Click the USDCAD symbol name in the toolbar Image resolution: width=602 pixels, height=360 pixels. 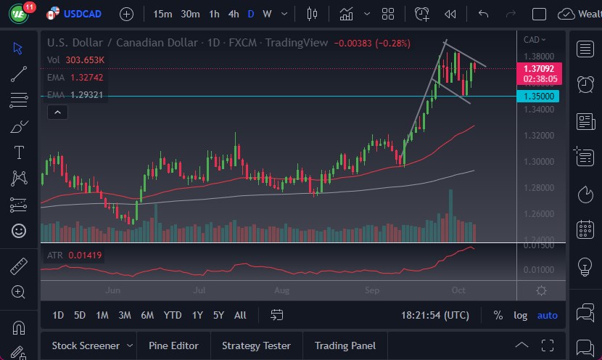pos(83,14)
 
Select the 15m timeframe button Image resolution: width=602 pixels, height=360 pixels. pos(162,14)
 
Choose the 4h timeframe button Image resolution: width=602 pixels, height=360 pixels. pos(233,14)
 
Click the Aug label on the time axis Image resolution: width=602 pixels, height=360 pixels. pos(282,290)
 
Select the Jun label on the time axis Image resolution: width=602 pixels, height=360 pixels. pos(112,290)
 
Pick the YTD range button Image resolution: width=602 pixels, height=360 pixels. pos(173,315)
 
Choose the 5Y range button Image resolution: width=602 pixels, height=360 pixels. pos(218,315)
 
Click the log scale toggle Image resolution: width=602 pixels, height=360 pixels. pos(521,315)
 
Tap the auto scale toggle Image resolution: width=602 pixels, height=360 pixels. pos(548,315)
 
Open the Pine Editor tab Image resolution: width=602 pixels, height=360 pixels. pos(174,345)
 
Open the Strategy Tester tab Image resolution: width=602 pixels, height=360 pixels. pos(256,345)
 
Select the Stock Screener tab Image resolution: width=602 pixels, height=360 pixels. pos(85,345)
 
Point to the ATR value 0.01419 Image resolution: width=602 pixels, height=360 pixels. pos(86,255)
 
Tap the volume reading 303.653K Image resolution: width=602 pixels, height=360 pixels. pos(86,60)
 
